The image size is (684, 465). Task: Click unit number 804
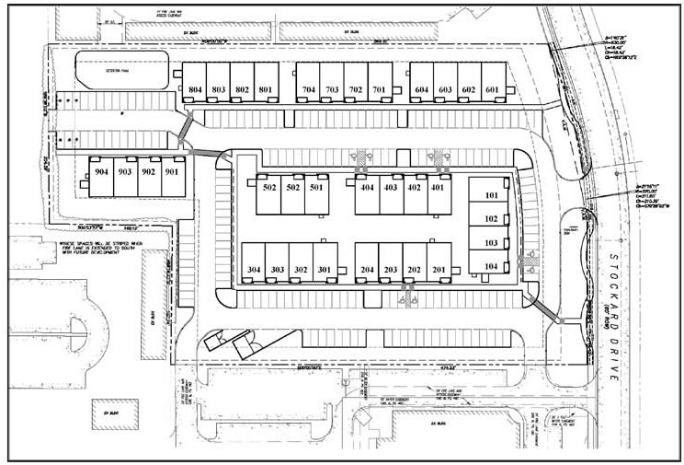point(194,89)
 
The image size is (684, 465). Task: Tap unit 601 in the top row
point(492,89)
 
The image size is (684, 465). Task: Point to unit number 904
point(100,172)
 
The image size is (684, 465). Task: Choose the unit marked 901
point(172,172)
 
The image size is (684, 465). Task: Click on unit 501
point(315,188)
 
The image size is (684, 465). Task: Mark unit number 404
point(367,188)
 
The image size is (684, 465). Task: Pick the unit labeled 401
point(438,188)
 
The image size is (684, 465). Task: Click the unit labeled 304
point(255,270)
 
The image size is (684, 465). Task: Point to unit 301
point(324,270)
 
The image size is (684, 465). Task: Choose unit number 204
point(367,270)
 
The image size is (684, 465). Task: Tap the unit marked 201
point(438,270)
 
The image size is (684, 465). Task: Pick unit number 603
point(445,89)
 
